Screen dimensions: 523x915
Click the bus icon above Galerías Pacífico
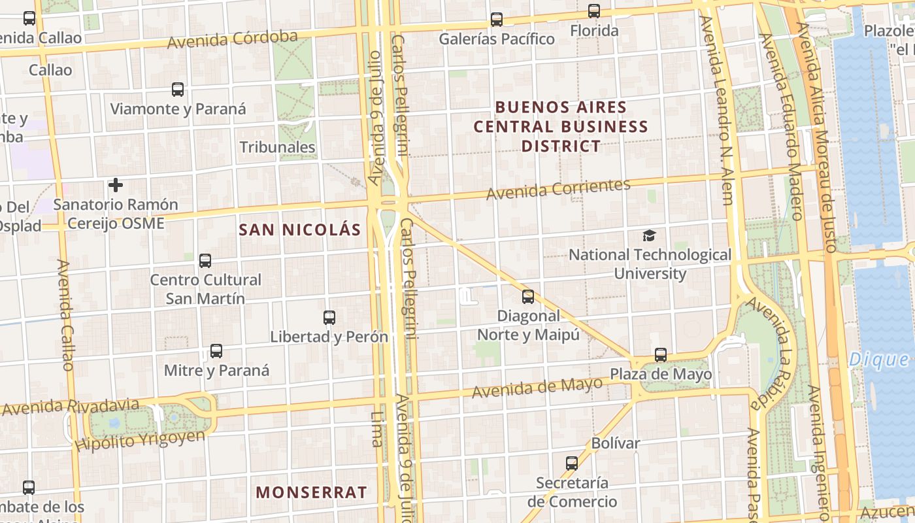(x=497, y=20)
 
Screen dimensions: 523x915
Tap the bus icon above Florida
(x=593, y=11)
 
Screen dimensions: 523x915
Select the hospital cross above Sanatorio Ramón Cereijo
(x=116, y=185)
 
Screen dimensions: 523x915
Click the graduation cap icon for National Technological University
(x=649, y=235)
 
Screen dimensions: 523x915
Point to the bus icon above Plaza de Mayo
(x=661, y=355)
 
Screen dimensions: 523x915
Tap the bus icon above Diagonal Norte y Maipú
(x=528, y=297)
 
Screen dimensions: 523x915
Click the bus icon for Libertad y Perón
(x=329, y=318)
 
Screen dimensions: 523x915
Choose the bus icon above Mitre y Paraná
(x=216, y=351)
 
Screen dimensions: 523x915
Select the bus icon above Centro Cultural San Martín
(x=205, y=261)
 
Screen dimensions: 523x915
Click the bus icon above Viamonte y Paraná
(x=178, y=90)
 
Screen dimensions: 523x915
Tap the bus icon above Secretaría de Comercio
(x=572, y=464)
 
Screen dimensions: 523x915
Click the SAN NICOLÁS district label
(x=300, y=229)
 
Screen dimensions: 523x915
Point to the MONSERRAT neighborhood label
(x=311, y=492)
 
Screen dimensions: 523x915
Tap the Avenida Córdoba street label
(x=233, y=39)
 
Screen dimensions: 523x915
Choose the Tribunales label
(x=278, y=147)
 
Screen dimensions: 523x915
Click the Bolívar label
(x=615, y=443)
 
